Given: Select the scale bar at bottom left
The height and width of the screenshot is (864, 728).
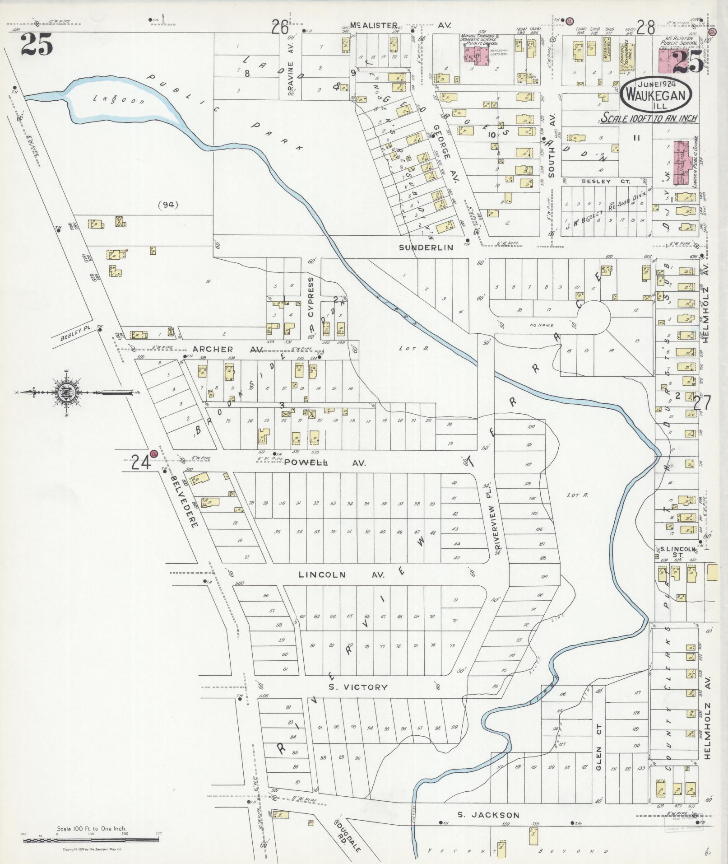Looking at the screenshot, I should click(91, 840).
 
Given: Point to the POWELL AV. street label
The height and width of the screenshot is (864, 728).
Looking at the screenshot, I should click(325, 463).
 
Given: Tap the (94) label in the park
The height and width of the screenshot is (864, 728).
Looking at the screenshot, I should click(169, 205).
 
